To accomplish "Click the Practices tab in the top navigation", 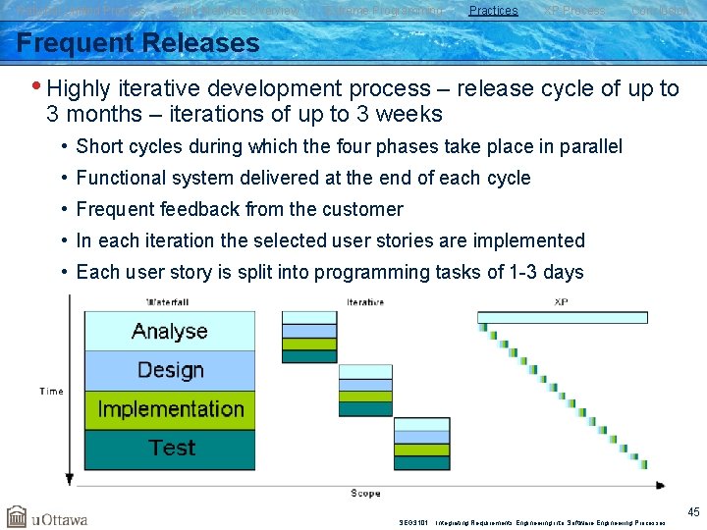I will (x=493, y=11).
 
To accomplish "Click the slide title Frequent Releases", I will (x=138, y=43).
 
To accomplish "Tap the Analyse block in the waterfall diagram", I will (x=169, y=332).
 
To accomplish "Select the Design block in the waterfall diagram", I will (x=170, y=370).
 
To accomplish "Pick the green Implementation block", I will (x=170, y=409).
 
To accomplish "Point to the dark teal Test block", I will (x=170, y=449).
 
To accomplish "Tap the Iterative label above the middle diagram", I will (x=365, y=301).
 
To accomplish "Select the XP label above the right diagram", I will (x=561, y=301).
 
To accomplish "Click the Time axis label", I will (x=51, y=391).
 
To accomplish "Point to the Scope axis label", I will (x=366, y=493).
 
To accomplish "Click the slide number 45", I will (x=693, y=511).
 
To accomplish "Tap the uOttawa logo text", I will (x=60, y=518).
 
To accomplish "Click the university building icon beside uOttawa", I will (x=17, y=516).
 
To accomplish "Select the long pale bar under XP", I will (x=562, y=317).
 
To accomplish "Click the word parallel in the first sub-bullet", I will (x=591, y=146).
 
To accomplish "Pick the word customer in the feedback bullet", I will (x=364, y=209).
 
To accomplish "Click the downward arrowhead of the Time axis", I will (x=69, y=479).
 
